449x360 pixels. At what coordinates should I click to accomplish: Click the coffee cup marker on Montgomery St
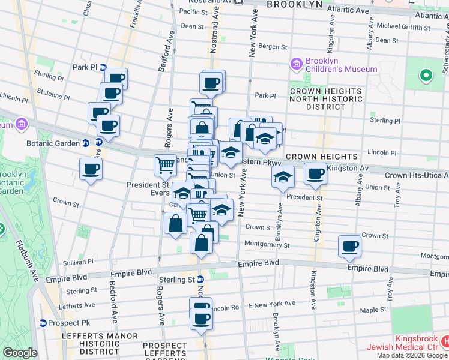coord(349,246)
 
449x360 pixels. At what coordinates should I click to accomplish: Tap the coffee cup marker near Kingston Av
coord(316,174)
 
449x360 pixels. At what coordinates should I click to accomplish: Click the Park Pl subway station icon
coord(103,67)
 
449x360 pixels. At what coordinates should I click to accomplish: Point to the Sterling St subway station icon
coord(200,279)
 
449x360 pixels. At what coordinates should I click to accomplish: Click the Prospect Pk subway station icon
coord(43,323)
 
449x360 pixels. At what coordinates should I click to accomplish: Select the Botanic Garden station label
coord(53,143)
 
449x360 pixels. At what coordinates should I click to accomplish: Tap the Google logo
coord(19,353)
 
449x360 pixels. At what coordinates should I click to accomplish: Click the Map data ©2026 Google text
coord(412,355)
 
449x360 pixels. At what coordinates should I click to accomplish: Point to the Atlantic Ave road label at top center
coord(348,11)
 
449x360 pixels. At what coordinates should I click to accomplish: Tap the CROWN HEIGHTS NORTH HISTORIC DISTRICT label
coord(325,99)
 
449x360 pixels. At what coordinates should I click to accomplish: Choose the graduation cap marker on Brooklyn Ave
coord(283,177)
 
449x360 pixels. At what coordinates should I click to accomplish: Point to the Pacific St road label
coord(193,11)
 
